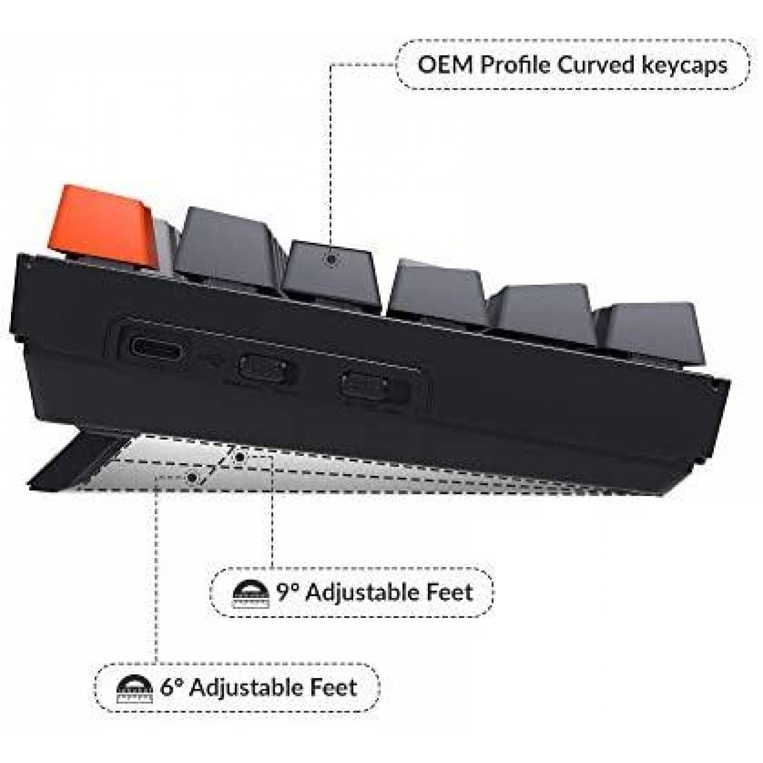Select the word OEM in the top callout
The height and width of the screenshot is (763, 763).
[x=445, y=65]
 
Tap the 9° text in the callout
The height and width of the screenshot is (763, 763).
[x=288, y=592]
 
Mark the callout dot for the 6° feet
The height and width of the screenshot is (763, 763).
[x=192, y=477]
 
